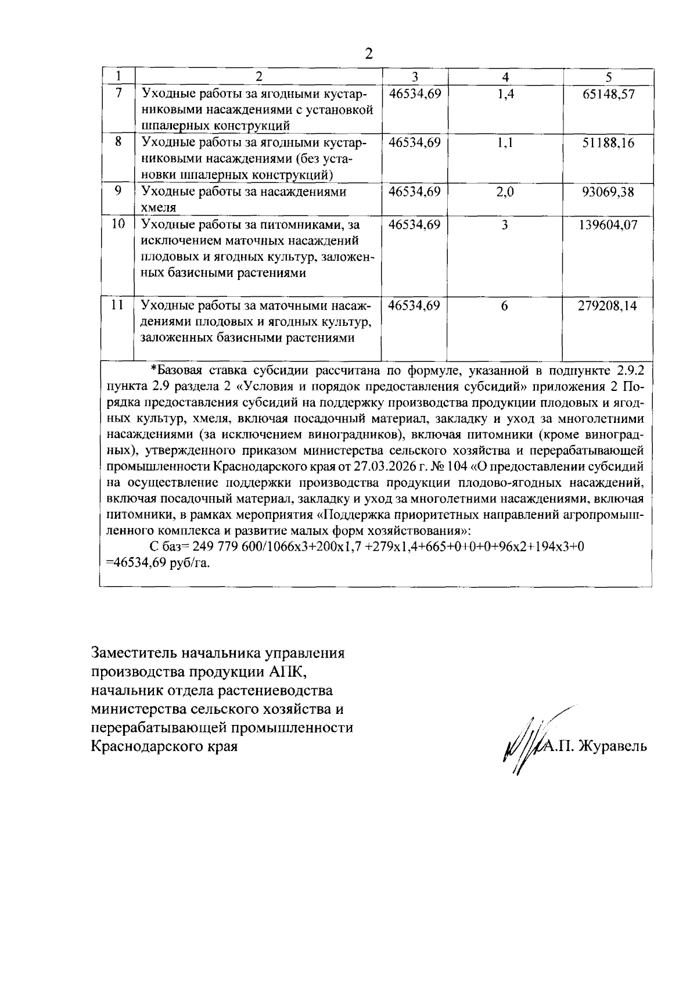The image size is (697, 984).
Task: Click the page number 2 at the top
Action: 368,54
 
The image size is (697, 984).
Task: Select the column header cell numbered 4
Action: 505,77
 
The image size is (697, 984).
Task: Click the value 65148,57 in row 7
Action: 608,94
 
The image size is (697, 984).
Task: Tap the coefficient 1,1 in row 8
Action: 505,142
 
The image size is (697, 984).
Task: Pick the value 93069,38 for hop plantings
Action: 608,192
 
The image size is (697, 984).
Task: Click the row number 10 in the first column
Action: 118,224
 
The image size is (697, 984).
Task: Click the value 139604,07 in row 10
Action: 608,225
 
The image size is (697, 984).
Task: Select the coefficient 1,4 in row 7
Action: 505,94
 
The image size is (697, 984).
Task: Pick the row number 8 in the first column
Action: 118,141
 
